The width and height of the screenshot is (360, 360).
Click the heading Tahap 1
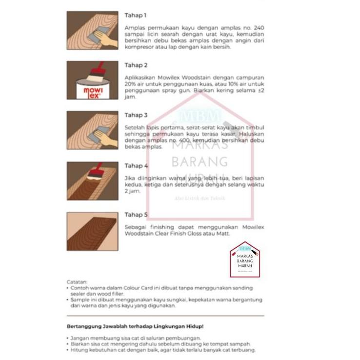click(x=136, y=16)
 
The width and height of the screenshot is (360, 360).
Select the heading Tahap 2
click(x=136, y=65)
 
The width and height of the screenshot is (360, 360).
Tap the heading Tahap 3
click(x=136, y=115)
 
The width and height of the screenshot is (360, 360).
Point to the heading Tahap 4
click(x=136, y=166)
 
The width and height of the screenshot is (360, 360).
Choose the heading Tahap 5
click(x=136, y=215)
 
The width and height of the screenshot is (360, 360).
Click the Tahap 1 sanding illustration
click(x=92, y=30)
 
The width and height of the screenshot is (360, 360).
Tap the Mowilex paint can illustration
click(x=92, y=80)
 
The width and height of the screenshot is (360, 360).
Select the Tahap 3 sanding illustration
click(x=92, y=130)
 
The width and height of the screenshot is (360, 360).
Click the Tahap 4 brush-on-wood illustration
click(x=92, y=180)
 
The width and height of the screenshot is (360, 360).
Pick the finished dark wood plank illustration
click(x=92, y=231)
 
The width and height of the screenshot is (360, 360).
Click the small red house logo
click(x=244, y=260)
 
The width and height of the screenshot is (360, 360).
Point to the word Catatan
click(x=77, y=282)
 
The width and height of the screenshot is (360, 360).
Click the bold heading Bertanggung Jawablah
click(x=135, y=326)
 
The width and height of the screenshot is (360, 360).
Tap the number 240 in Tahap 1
click(x=258, y=28)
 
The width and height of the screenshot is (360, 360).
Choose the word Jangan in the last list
click(x=80, y=338)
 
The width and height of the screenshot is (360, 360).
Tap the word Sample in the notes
click(x=81, y=300)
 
